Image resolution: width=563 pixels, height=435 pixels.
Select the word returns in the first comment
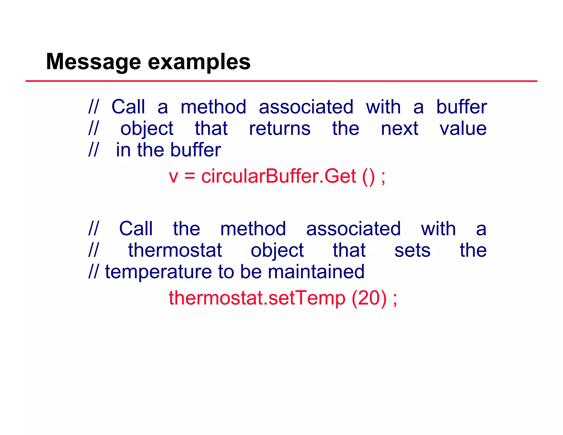pos(280,129)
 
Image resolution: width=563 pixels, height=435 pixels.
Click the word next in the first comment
pos(399,129)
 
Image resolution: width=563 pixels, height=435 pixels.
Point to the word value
pos(463,129)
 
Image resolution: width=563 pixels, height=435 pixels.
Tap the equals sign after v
pos(190,177)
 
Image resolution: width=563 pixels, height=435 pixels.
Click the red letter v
pos(173,177)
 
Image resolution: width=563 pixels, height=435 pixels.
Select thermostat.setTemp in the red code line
pos(257,298)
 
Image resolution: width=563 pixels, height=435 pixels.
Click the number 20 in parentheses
pos(369,298)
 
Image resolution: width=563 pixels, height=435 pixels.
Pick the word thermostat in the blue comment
pos(175,250)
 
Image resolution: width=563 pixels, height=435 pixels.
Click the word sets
pos(412,250)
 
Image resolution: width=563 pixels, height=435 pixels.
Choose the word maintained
pos(316,272)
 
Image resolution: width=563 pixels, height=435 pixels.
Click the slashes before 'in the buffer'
pos(93,150)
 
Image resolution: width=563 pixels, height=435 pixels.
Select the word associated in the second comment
pos(353,229)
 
